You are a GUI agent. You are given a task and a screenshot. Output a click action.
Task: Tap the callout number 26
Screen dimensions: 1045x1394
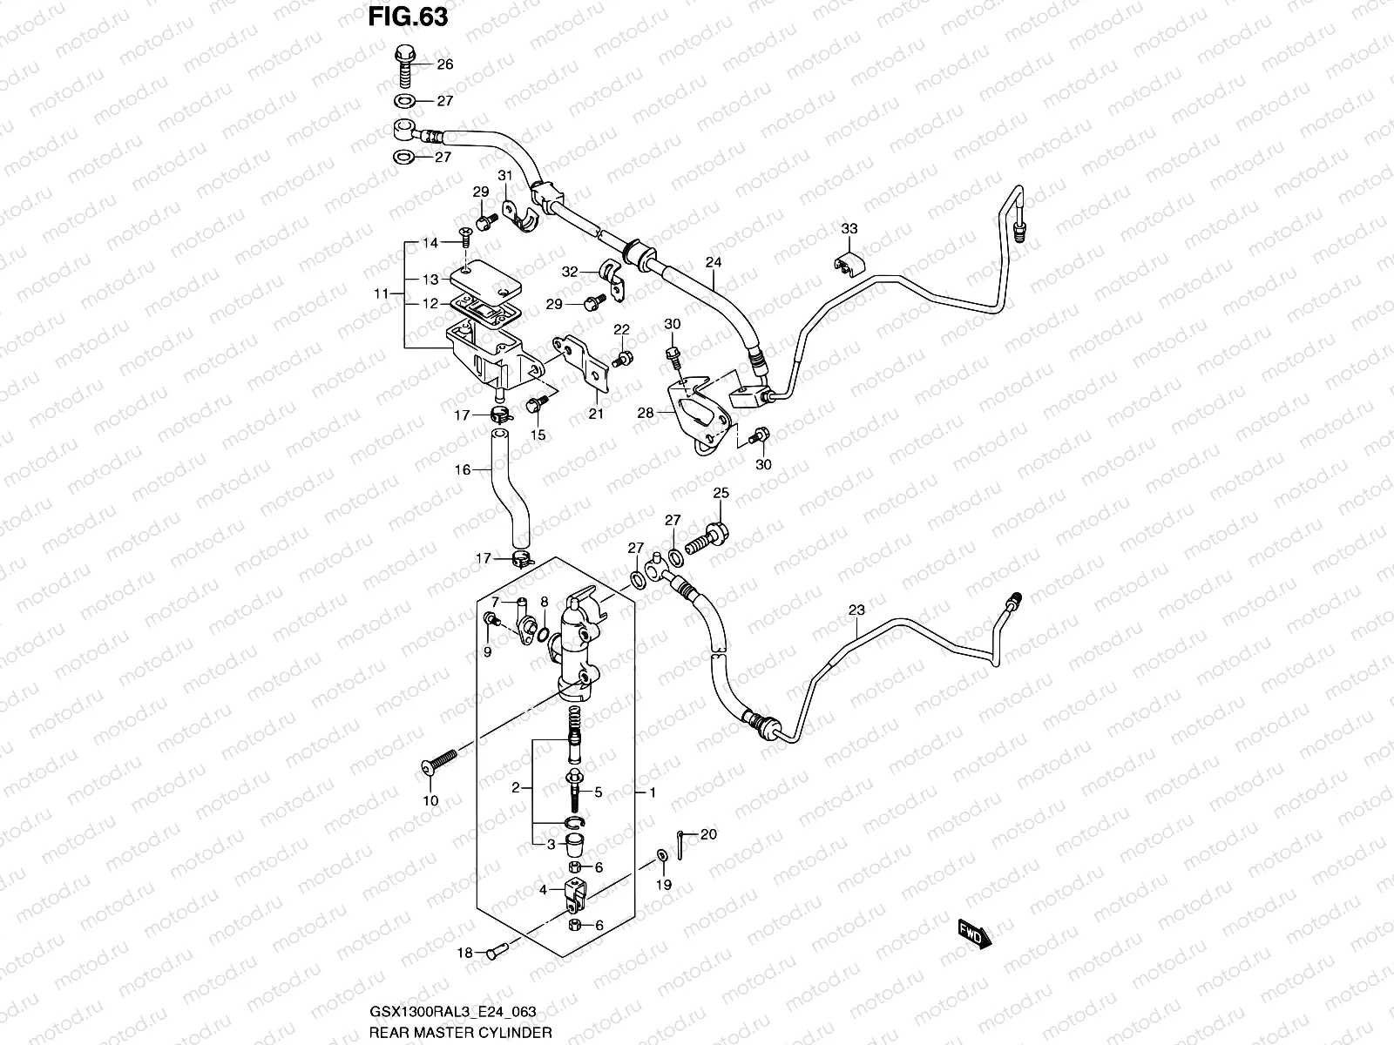444,64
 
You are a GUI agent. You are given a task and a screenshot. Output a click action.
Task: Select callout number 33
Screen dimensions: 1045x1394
849,229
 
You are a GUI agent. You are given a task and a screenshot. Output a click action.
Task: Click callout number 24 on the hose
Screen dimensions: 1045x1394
714,260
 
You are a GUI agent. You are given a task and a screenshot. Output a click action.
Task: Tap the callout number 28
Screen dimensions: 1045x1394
645,413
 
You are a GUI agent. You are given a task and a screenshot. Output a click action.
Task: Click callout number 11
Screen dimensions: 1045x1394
381,294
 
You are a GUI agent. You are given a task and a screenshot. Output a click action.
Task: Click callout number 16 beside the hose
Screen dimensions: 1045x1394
463,469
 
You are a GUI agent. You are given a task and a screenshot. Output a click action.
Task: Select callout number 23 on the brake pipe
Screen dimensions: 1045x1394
856,610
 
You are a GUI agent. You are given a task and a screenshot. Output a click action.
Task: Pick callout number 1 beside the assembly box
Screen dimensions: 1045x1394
652,793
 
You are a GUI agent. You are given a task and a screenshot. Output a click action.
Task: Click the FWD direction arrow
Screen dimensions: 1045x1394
972,933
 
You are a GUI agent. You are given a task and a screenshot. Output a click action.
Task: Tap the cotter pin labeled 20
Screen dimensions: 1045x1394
682,839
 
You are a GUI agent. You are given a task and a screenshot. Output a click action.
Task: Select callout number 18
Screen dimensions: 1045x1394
465,953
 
